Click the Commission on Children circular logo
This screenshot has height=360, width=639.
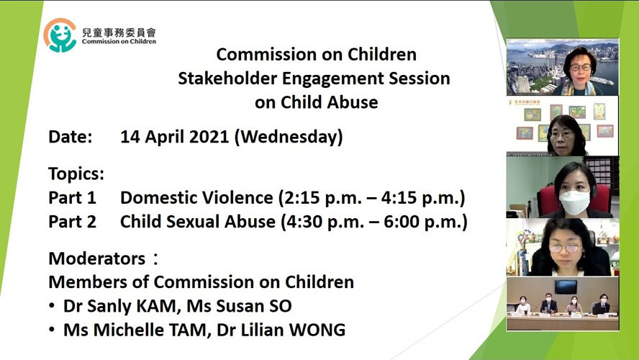click(x=60, y=35)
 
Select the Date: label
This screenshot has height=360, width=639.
click(x=71, y=137)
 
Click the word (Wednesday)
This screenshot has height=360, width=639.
click(x=289, y=137)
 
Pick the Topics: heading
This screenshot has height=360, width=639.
click(x=76, y=174)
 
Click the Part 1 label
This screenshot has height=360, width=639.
click(x=72, y=198)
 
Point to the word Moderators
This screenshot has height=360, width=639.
click(x=97, y=258)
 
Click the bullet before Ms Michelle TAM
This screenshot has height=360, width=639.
click(x=52, y=330)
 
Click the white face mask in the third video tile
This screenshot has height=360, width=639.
click(x=574, y=202)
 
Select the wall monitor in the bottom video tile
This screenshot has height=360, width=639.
click(x=566, y=287)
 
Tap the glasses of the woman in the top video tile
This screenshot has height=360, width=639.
click(x=581, y=67)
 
